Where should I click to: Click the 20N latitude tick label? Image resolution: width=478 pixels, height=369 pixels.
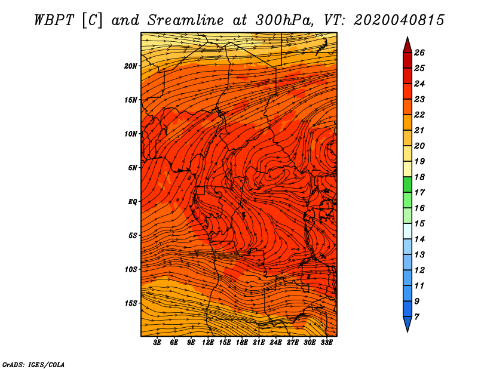(131, 66)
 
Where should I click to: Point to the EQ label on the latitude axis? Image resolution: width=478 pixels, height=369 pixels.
(133, 202)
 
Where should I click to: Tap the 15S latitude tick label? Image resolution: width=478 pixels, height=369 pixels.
(131, 303)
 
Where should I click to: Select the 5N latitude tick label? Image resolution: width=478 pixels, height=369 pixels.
(133, 168)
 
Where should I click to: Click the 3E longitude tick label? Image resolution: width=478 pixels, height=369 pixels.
(157, 343)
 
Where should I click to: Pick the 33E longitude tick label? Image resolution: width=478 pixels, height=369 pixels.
(326, 343)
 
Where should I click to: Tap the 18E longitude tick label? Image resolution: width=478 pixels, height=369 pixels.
(242, 343)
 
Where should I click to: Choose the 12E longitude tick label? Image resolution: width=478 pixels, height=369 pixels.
(208, 343)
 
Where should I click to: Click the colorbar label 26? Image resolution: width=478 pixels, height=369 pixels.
(419, 53)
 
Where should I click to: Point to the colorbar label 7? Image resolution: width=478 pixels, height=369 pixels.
(416, 317)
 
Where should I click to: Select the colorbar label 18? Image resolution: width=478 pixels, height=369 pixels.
(419, 177)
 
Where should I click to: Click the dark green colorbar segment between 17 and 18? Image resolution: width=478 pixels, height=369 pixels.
(407, 184)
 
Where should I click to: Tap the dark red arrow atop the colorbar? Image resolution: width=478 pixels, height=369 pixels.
(407, 45)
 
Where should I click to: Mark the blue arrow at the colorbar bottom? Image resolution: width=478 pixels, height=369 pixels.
(407, 324)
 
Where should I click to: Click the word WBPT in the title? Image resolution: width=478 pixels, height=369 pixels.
(54, 20)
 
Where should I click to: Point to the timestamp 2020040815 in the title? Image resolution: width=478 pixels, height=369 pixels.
(399, 20)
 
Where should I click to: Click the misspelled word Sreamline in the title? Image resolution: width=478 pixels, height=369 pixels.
(186, 20)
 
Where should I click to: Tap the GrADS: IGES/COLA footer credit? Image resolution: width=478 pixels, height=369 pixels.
(33, 364)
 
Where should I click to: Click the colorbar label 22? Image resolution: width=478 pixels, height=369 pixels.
(419, 115)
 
